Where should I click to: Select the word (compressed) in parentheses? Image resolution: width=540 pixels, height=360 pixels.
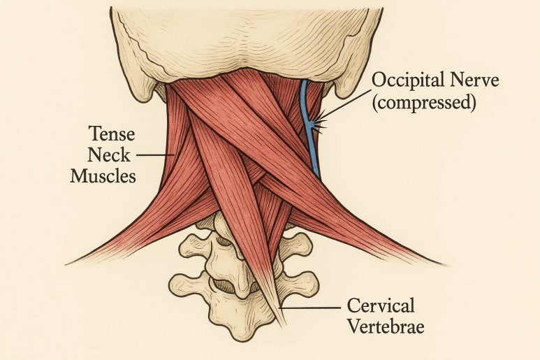coord(424,103)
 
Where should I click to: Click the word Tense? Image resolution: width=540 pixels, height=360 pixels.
coord(112,134)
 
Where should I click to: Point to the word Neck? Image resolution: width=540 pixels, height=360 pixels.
coord(109,155)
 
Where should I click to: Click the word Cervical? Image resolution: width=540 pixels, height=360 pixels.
coord(381,305)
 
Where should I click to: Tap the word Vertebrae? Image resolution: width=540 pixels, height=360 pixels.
coord(386,326)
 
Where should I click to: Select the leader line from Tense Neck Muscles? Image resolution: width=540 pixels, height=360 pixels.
coord(156,155)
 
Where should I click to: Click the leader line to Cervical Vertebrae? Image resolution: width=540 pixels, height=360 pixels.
coord(311,308)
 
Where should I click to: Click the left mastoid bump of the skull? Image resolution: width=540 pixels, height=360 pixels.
coord(142,90)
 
